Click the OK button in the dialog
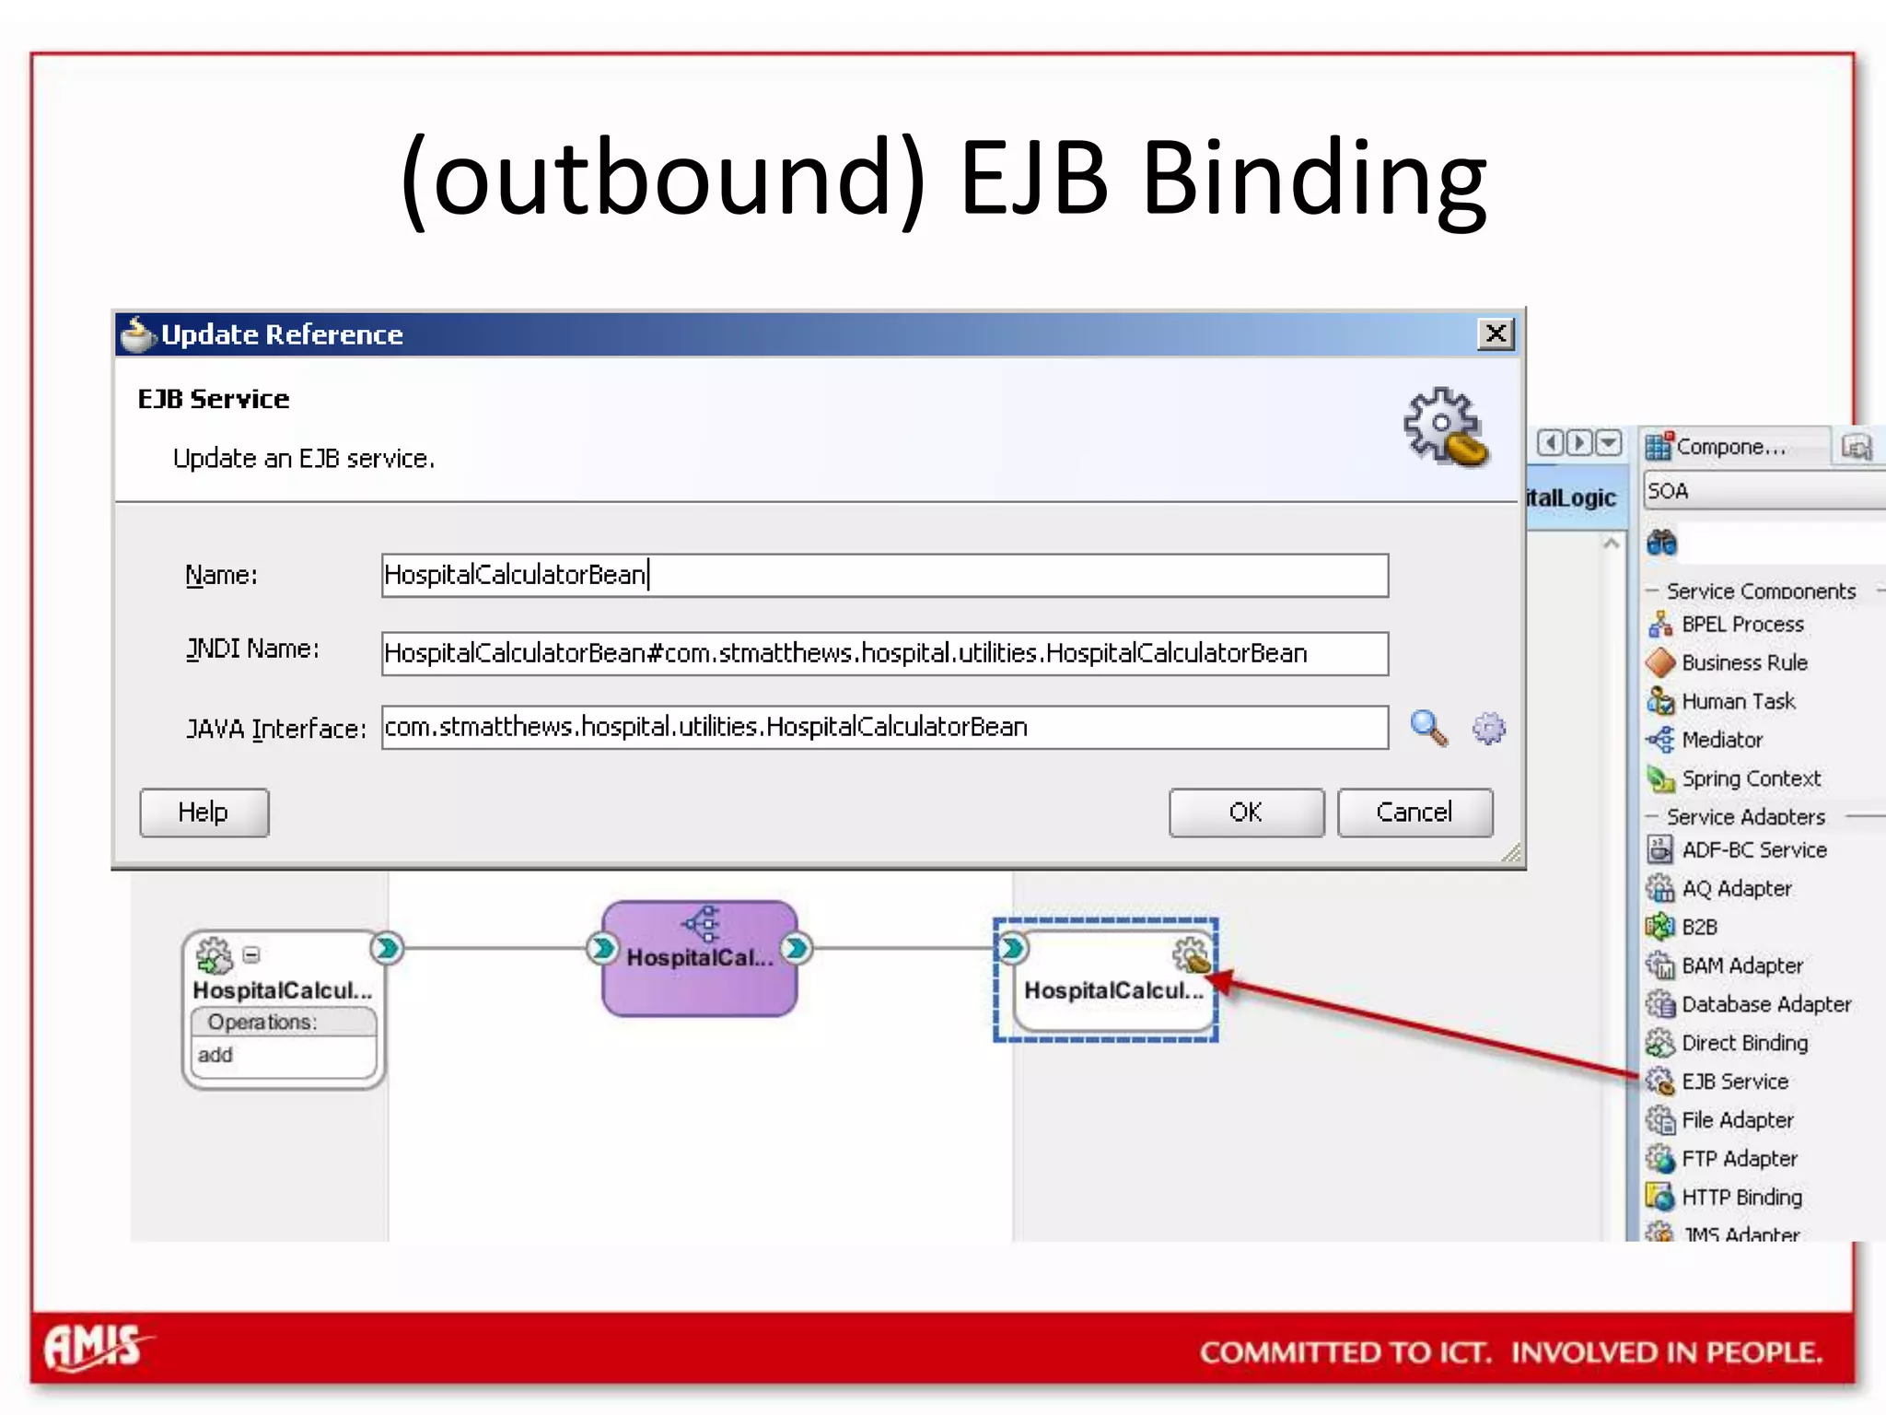pos(1246,812)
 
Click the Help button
pos(204,812)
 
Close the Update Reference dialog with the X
pos(1496,333)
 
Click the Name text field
pos(884,575)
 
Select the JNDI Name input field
pos(884,653)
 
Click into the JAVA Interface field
pos(884,727)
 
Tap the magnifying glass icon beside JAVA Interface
pos(1428,728)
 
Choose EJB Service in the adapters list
pos(1734,1081)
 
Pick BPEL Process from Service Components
pos(1741,624)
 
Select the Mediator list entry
pos(1721,740)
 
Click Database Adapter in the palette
pos(1765,1003)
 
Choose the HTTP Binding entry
pos(1740,1197)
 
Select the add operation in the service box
pos(215,1055)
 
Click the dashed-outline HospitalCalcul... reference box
pos(1105,990)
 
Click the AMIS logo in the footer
pos(95,1347)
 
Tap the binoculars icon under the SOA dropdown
pos(1661,543)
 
